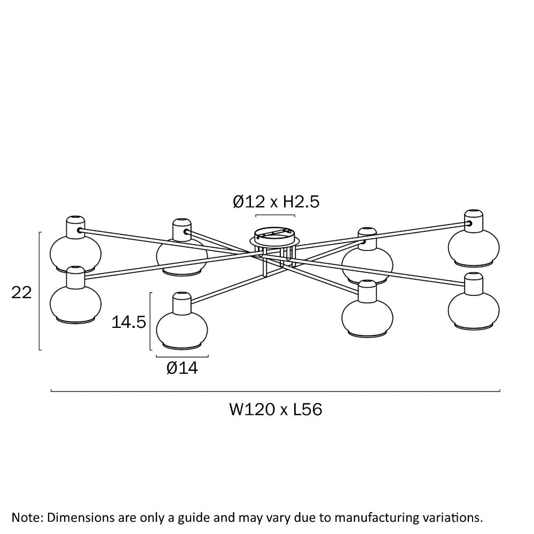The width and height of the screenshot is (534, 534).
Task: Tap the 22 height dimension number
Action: tap(22, 292)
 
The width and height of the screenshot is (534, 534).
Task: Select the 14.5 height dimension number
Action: tap(129, 321)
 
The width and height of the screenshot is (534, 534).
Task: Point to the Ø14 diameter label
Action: tap(182, 368)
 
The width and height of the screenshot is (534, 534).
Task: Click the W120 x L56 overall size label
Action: tap(276, 410)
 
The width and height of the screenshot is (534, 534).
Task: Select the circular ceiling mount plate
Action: tap(275, 235)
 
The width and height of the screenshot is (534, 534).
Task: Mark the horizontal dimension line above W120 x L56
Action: tap(275, 391)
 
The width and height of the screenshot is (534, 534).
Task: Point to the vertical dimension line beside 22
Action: tap(40, 291)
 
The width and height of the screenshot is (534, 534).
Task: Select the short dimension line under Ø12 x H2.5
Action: tap(276, 215)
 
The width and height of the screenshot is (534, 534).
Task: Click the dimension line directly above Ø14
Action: tap(182, 356)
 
